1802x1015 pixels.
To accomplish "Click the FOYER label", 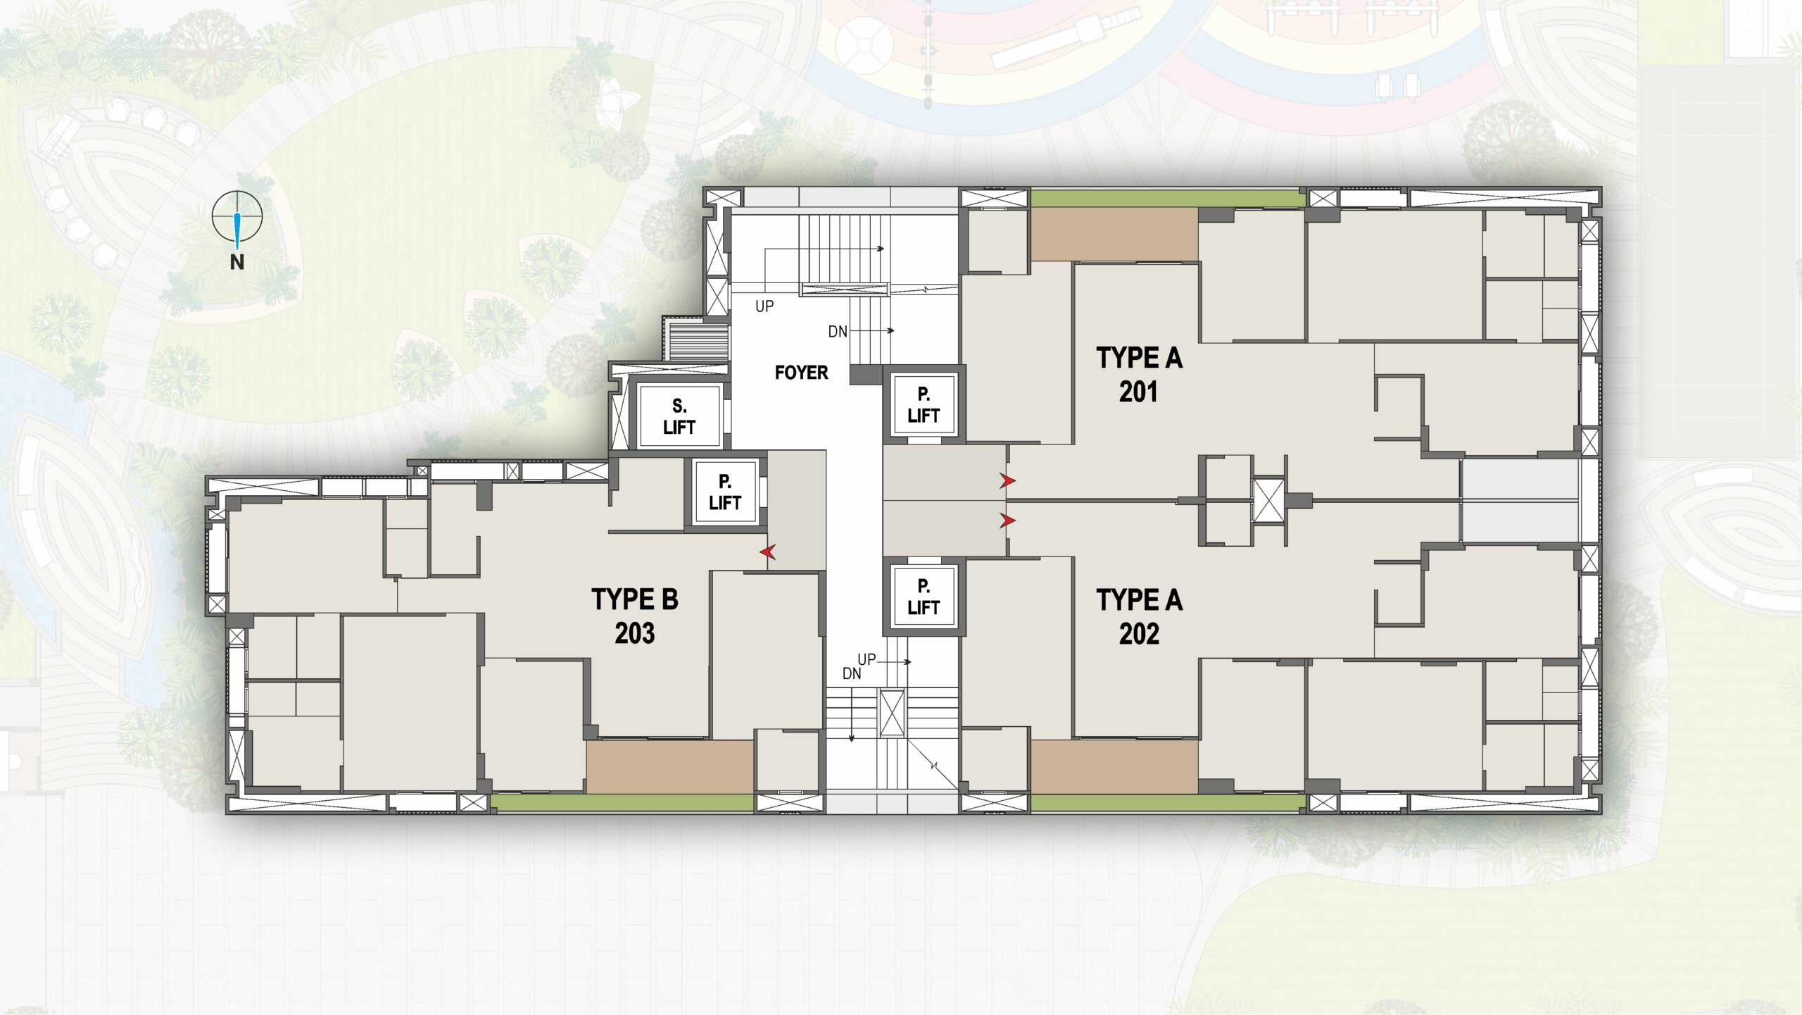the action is (801, 373).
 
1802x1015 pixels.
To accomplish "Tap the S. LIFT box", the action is (679, 416).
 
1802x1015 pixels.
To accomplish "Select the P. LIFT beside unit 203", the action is (725, 492).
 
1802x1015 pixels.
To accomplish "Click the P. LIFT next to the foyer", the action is (924, 405).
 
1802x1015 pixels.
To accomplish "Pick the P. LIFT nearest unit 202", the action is (924, 597).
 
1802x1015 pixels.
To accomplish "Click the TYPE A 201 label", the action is (1139, 375).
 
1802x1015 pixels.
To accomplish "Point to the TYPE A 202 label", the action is (1139, 617).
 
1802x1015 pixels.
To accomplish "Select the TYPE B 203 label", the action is (635, 616).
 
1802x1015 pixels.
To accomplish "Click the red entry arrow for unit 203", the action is (768, 552).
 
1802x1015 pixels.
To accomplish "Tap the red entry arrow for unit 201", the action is (1008, 481).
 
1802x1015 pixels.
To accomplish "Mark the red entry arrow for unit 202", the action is (1008, 521).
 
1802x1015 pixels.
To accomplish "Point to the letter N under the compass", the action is (237, 262).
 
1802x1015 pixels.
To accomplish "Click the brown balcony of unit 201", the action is (1115, 235).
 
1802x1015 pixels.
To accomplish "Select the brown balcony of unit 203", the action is (670, 766).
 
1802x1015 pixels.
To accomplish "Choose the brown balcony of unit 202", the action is (1115, 766).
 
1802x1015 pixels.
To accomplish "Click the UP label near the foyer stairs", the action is (764, 306).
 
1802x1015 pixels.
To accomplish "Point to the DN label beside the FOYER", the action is (838, 332).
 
